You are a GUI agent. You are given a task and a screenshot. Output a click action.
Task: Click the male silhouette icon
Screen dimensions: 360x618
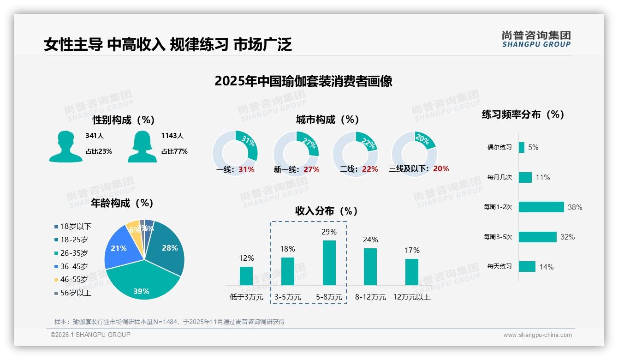click(x=66, y=146)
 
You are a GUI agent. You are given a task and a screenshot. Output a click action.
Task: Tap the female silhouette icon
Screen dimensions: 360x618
click(x=142, y=146)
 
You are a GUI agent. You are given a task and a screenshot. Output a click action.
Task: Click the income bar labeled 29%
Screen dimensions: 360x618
click(x=329, y=263)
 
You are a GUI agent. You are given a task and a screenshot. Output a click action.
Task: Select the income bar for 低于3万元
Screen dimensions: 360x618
click(x=246, y=276)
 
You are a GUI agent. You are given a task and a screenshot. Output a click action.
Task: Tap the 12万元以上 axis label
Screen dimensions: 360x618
click(x=411, y=297)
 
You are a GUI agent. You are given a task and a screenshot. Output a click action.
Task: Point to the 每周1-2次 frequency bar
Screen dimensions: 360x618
click(x=541, y=207)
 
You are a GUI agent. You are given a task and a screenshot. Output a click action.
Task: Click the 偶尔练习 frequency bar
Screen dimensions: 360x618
click(x=522, y=147)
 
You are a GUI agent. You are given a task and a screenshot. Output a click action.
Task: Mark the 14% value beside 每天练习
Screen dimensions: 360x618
click(x=546, y=267)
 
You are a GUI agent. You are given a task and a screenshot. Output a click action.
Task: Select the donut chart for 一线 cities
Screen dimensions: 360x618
click(x=235, y=153)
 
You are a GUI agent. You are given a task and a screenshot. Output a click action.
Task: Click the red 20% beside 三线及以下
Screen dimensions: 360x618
click(x=441, y=169)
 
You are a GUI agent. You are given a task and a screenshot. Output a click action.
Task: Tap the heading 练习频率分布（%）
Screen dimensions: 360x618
click(x=523, y=115)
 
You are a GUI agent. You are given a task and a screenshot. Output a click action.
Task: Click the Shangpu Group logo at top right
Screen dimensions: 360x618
click(x=536, y=39)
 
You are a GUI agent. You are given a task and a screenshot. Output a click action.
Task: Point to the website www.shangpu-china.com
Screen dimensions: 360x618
click(x=537, y=335)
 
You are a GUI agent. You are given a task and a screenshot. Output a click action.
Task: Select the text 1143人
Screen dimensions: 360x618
click(x=172, y=136)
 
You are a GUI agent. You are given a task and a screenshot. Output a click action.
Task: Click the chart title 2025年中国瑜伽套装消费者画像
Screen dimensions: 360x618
click(x=303, y=82)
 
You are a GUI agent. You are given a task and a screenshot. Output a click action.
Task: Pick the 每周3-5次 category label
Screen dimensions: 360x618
click(x=498, y=237)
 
